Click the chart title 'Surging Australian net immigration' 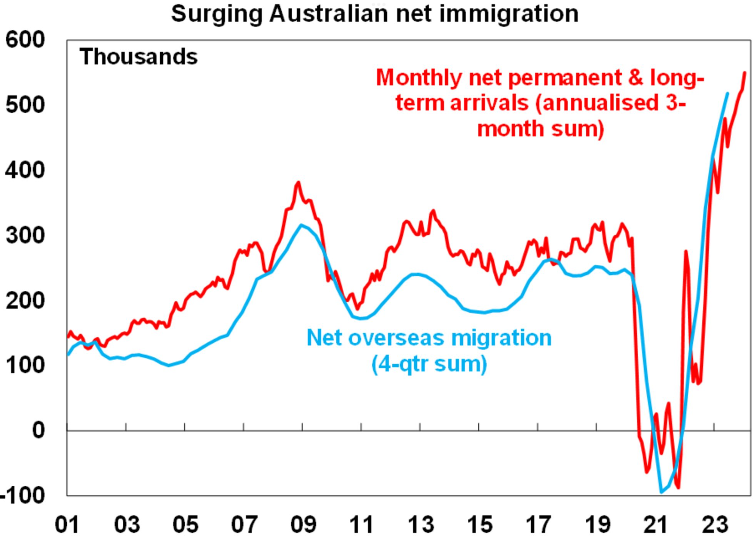click(375, 14)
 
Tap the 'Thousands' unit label click(138, 57)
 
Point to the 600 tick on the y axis click(25, 40)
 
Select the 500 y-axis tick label click(25, 105)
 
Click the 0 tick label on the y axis click(38, 430)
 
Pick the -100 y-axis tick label click(23, 495)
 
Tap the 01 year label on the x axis click(67, 524)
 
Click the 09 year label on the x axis click(303, 524)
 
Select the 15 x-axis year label click(479, 524)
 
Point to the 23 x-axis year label click(714, 524)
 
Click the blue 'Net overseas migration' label click(429, 338)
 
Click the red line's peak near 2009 click(298, 182)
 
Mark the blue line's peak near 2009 click(301, 225)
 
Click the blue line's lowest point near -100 click(661, 492)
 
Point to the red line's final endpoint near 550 click(745, 73)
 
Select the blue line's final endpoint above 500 click(727, 93)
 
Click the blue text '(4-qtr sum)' click(429, 364)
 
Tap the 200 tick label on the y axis click(25, 300)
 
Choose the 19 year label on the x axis click(597, 524)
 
